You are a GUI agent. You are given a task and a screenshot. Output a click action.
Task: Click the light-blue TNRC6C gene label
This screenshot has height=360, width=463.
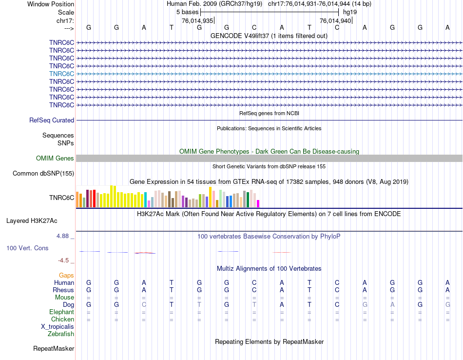(x=61, y=74)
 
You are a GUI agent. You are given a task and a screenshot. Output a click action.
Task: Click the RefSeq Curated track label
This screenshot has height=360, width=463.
(x=52, y=120)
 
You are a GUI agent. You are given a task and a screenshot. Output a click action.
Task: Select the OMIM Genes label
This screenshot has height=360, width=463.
(x=55, y=158)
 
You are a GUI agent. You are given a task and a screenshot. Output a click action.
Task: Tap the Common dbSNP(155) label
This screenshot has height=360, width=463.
(x=43, y=173)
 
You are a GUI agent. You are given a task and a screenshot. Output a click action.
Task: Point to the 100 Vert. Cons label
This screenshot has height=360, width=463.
(x=27, y=248)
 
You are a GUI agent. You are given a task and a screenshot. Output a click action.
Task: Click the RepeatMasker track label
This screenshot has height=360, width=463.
(x=54, y=349)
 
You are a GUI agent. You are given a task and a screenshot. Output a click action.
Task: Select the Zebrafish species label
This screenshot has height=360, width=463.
(x=61, y=334)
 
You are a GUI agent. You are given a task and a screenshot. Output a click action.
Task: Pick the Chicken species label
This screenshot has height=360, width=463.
(x=62, y=320)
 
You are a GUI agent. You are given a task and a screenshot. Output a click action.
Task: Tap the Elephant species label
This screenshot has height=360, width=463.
(x=61, y=312)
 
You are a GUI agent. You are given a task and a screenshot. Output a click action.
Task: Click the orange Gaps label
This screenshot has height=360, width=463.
(x=66, y=276)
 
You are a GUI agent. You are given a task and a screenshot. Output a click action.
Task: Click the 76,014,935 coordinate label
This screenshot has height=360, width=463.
(x=197, y=20)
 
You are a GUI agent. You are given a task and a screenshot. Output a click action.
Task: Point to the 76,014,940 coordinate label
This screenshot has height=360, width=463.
(x=335, y=20)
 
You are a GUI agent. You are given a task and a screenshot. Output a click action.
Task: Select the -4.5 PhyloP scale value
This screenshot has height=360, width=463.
(x=65, y=260)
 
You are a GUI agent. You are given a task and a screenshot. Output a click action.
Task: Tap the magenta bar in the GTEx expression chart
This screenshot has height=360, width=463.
(x=258, y=203)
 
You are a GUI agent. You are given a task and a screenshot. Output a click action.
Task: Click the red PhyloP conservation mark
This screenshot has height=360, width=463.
(x=145, y=253)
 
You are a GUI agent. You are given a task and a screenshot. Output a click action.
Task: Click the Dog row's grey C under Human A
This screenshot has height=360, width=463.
(x=144, y=305)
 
